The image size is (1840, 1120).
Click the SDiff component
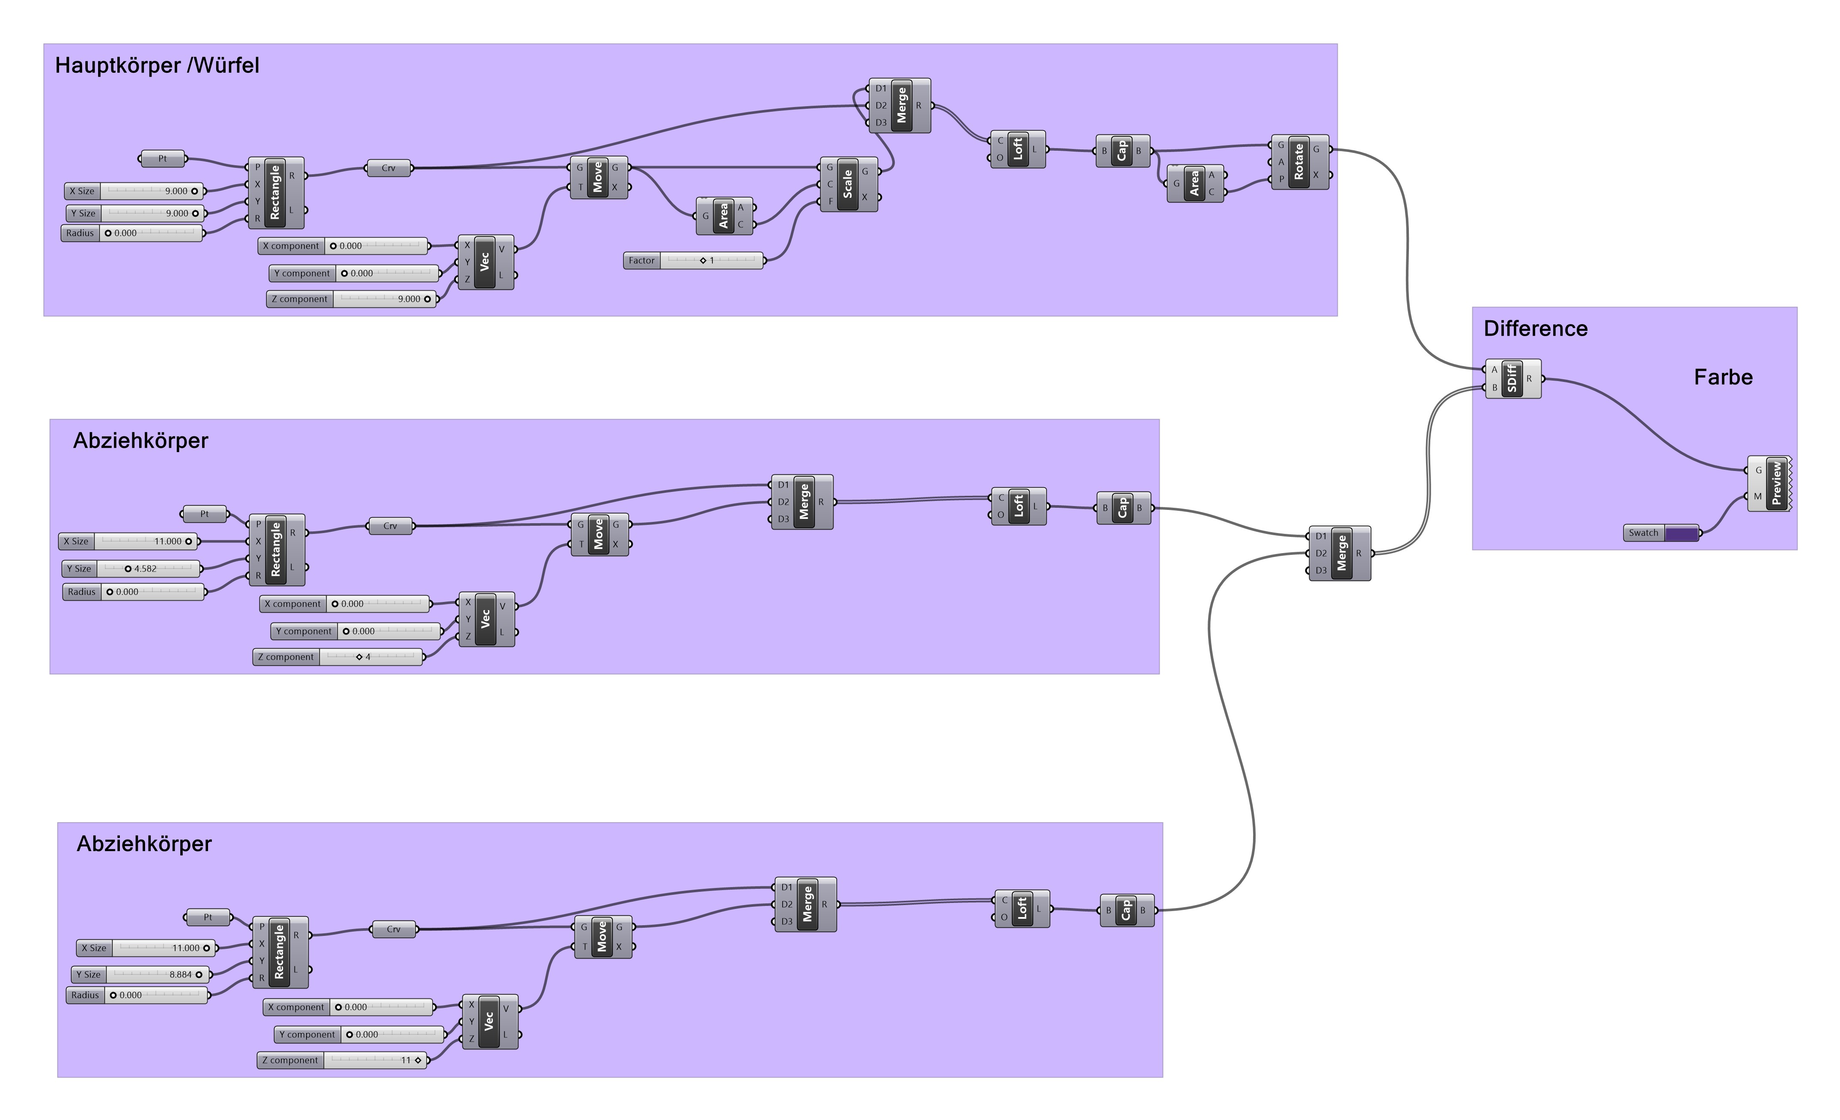click(x=1512, y=378)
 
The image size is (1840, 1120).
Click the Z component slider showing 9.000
click(x=384, y=299)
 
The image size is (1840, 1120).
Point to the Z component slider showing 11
click(x=375, y=1060)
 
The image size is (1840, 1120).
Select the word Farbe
click(x=1723, y=377)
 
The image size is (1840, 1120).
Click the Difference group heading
click(x=1535, y=328)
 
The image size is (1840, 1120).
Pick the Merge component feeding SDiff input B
click(x=1341, y=553)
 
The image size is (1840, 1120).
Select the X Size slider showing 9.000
click(x=152, y=191)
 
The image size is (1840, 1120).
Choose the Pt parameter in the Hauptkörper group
click(x=163, y=158)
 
